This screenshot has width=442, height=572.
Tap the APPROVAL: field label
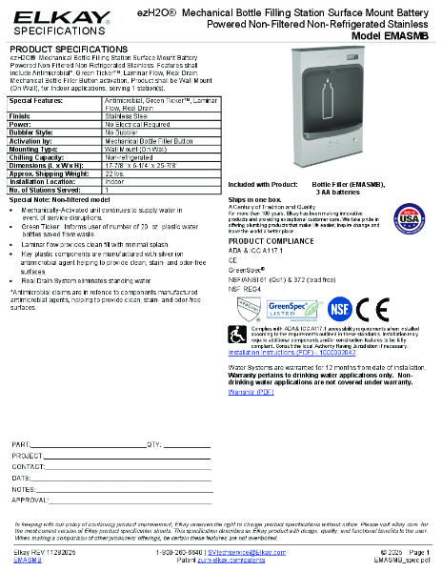[x=30, y=499]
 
